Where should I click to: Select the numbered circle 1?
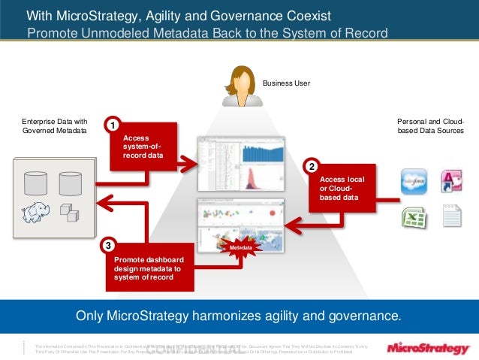coord(111,124)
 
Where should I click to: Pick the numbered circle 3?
coord(110,246)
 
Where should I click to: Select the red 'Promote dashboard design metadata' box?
coord(149,268)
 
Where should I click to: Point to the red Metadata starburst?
coord(239,247)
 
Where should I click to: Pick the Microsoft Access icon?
coord(451,181)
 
